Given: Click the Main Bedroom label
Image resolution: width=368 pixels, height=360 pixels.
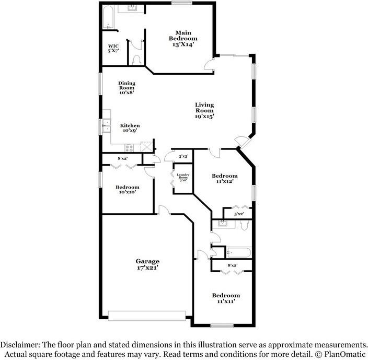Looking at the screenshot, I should (183, 39).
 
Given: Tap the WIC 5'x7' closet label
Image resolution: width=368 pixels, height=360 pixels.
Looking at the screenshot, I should (113, 49).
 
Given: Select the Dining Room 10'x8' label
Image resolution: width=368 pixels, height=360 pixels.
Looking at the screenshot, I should (126, 88).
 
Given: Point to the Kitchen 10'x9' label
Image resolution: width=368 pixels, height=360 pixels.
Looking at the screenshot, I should (130, 128).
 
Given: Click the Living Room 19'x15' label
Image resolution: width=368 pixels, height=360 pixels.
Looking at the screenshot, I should (204, 110).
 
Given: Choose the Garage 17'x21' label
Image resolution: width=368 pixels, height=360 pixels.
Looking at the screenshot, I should (147, 264).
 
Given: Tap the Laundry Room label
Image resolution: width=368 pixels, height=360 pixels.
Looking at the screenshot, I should (182, 177).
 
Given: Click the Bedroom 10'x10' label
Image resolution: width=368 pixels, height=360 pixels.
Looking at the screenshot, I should (128, 190).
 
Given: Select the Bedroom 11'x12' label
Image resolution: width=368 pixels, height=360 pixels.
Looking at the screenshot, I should (224, 179).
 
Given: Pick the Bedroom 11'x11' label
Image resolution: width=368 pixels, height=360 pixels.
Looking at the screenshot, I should (226, 298).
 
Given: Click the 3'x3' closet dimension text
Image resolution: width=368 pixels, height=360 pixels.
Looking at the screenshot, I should (183, 156).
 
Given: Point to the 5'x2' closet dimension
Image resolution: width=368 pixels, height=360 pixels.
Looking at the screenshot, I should (239, 214).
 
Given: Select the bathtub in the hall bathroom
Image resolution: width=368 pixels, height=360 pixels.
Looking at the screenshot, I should (239, 252).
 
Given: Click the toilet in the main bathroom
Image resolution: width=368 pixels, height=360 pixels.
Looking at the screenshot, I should (137, 59).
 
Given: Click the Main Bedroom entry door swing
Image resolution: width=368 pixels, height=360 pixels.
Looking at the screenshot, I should (209, 65).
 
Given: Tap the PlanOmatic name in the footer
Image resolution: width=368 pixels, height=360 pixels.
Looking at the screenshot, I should (344, 354).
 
